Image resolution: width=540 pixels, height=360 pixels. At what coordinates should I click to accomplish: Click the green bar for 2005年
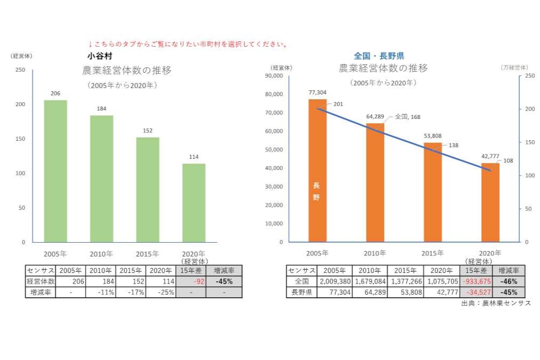(55, 170)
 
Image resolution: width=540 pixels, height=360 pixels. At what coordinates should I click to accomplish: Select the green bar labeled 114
(193, 202)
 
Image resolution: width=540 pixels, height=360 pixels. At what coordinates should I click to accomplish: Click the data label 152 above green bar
(148, 130)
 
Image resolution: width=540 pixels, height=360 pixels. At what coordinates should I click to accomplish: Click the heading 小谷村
(99, 55)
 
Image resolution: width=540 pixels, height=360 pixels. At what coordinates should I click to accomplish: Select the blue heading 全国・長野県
(379, 55)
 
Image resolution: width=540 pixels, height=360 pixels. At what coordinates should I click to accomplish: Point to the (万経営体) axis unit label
(514, 67)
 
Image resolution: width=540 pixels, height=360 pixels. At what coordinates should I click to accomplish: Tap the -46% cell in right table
(509, 281)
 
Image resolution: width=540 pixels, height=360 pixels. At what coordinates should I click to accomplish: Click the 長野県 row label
(301, 292)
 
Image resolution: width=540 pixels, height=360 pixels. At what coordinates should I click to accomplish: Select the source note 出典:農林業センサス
(495, 303)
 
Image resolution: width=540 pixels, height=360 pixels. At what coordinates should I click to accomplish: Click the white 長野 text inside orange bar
(316, 191)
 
